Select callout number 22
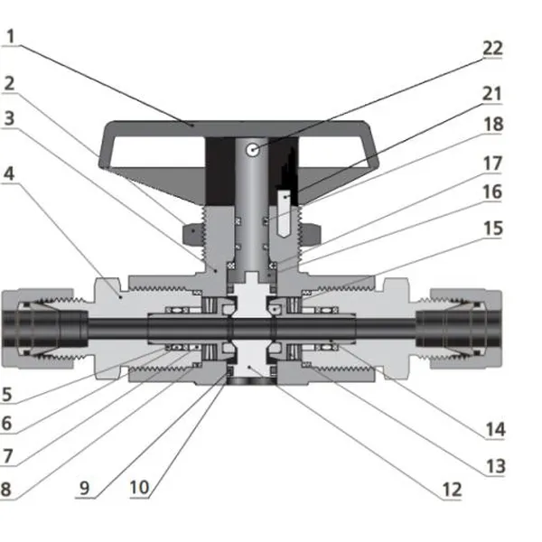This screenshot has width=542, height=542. pyautogui.click(x=492, y=48)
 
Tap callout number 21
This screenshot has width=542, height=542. pyautogui.click(x=492, y=94)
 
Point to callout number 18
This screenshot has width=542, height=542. pyautogui.click(x=492, y=126)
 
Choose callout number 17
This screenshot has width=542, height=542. pyautogui.click(x=492, y=164)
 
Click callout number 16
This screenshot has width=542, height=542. pyautogui.click(x=492, y=192)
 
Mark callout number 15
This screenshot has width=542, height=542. pyautogui.click(x=492, y=230)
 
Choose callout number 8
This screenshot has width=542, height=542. pyautogui.click(x=8, y=490)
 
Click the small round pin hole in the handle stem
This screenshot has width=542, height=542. pyautogui.click(x=257, y=148)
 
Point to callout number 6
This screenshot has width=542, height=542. pyautogui.click(x=8, y=422)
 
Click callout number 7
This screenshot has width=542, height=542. pyautogui.click(x=8, y=457)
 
